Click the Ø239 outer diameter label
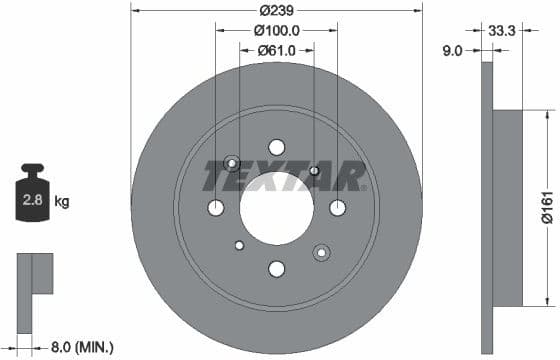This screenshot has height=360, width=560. click(x=276, y=11)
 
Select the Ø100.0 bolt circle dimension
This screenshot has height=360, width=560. click(x=276, y=31)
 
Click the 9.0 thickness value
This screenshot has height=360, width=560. click(x=451, y=50)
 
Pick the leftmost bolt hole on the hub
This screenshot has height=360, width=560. click(x=216, y=207)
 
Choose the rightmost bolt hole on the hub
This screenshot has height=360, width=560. click(x=337, y=207)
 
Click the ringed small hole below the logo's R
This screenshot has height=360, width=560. click(x=322, y=252)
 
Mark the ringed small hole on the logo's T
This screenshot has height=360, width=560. click(x=232, y=163)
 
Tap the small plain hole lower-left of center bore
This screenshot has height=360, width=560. click(x=239, y=245)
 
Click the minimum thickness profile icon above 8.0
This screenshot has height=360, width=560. click(x=33, y=274)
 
